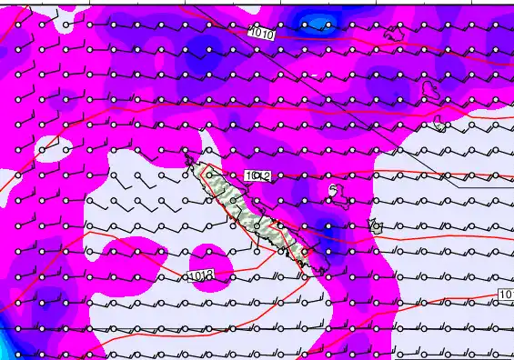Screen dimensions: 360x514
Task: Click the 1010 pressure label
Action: tap(262, 34)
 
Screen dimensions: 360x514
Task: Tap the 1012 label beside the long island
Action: tap(257, 175)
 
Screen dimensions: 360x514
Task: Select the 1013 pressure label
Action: tap(202, 275)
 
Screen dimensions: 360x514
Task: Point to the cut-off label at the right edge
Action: tap(507, 295)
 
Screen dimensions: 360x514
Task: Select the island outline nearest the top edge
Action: tap(396, 34)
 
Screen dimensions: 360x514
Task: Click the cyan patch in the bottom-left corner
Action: tap(5, 348)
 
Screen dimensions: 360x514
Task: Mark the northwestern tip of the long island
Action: tap(187, 158)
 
